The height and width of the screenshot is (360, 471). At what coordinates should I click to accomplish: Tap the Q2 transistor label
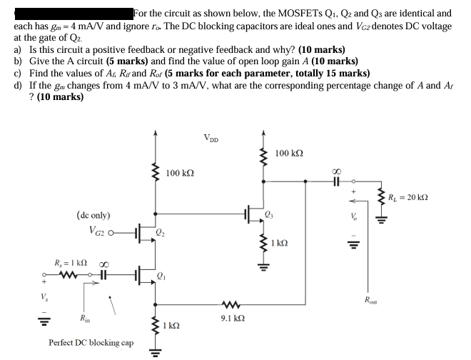161,233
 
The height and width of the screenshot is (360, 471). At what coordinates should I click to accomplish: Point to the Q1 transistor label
161,276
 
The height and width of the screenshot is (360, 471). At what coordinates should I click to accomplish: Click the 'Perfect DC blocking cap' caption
91,342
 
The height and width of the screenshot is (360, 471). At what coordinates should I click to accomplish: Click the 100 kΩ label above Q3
289,153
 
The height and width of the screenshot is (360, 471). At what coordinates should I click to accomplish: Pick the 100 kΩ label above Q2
180,173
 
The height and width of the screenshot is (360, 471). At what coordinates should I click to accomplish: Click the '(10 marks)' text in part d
57,96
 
